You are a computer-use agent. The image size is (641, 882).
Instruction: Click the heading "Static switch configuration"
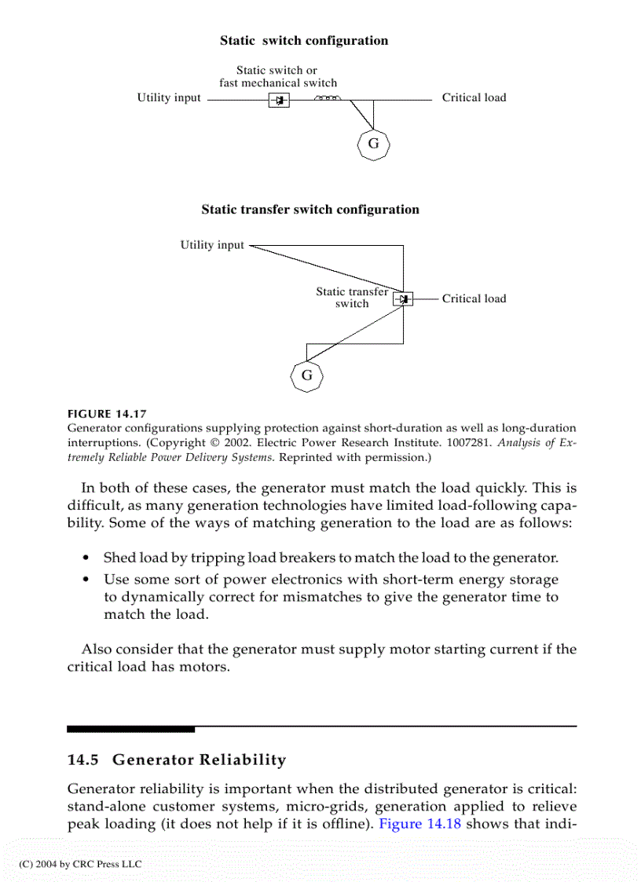(x=303, y=41)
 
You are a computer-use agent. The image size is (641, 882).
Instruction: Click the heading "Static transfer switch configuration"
(x=310, y=210)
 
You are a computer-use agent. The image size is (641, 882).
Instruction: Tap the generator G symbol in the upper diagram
(x=373, y=144)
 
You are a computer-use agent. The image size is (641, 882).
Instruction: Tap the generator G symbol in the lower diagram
(x=307, y=375)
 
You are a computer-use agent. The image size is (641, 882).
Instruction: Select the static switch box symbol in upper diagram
(x=279, y=101)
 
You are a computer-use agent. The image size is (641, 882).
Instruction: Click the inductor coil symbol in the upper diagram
(x=326, y=99)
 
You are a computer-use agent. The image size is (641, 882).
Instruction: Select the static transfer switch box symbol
(x=403, y=299)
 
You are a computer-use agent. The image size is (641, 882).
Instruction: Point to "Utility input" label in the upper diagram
(x=169, y=98)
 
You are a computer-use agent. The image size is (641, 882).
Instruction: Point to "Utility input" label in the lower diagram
(x=212, y=245)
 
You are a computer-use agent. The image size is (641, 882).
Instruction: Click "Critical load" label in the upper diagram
(x=474, y=98)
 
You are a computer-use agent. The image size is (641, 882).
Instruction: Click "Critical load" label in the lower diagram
(x=474, y=298)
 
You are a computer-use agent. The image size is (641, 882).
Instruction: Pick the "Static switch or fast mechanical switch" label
(x=278, y=76)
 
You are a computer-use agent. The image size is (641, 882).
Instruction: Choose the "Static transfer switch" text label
(x=352, y=298)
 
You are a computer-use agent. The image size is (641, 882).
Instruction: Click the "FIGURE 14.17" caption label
(x=107, y=414)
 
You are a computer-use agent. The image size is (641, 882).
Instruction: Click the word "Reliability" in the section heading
(x=243, y=760)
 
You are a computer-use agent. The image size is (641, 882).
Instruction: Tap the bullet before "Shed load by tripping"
(x=86, y=558)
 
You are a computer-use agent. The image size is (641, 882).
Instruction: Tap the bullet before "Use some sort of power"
(x=86, y=580)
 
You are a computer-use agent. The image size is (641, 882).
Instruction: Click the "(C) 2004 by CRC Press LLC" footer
(x=80, y=864)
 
